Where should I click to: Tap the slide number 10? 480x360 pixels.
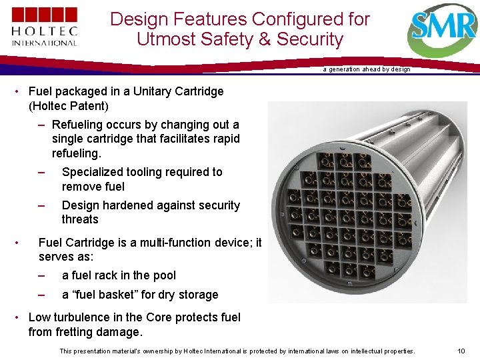(461, 351)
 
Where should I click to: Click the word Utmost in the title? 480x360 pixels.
(161, 39)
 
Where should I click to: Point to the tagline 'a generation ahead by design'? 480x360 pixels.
(367, 69)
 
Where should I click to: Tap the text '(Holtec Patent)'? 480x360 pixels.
(69, 105)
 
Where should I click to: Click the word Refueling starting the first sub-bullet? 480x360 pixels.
(79, 125)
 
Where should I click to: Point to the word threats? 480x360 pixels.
(80, 219)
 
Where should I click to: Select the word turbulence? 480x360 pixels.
(84, 317)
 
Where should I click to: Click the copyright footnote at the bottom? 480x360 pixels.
(237, 351)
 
